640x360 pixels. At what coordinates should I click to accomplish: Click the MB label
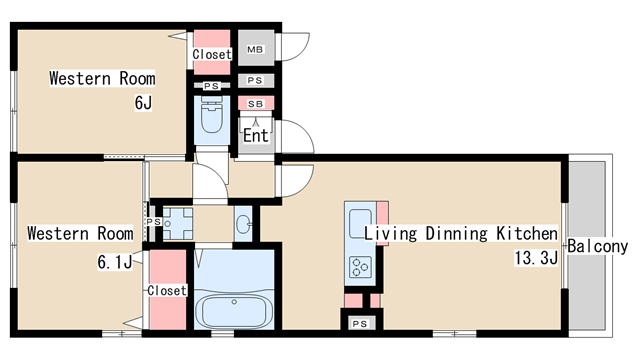(x=255, y=49)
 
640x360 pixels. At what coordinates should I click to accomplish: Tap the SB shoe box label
(x=256, y=104)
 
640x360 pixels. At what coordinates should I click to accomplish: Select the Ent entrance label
(x=256, y=136)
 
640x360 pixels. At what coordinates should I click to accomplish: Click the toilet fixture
(x=212, y=115)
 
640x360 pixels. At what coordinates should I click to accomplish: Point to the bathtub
(x=234, y=311)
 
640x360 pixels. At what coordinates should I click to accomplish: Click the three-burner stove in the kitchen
(x=360, y=267)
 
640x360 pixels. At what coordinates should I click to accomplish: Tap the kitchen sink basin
(x=359, y=223)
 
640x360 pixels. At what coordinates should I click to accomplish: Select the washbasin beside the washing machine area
(x=243, y=224)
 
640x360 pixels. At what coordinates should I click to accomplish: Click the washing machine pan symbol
(x=178, y=223)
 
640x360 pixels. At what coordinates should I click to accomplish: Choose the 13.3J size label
(x=536, y=258)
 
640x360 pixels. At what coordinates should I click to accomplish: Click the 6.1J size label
(x=116, y=262)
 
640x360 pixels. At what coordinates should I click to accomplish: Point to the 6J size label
(x=143, y=102)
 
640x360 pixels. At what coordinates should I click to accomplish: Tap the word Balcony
(x=598, y=246)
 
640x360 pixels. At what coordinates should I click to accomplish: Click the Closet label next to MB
(x=212, y=54)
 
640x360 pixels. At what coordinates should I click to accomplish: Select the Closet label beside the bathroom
(x=167, y=290)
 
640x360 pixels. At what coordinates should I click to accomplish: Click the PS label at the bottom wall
(x=360, y=324)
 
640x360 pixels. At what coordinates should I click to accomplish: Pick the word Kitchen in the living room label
(x=527, y=233)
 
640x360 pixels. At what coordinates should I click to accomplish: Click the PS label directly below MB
(x=255, y=80)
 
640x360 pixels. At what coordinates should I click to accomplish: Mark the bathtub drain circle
(x=234, y=302)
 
